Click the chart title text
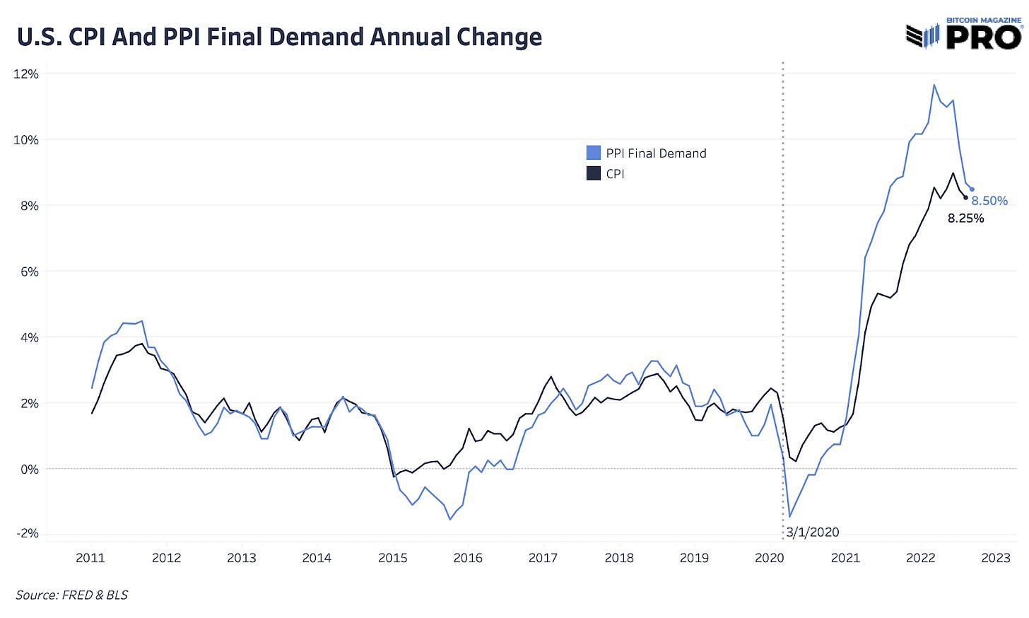[279, 37]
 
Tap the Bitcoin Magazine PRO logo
[963, 34]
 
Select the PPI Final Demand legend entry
[646, 153]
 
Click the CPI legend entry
[606, 174]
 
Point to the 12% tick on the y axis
[26, 74]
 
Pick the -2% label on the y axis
[28, 534]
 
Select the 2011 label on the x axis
[90, 558]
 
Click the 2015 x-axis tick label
[392, 558]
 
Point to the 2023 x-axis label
[996, 558]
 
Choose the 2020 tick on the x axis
[769, 558]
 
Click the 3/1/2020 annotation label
[813, 532]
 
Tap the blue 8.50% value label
[989, 201]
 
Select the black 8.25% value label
[965, 218]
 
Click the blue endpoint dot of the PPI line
[972, 190]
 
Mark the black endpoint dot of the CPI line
[966, 198]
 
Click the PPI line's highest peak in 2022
[934, 85]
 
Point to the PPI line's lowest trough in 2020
[790, 516]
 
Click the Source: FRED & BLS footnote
[72, 595]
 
